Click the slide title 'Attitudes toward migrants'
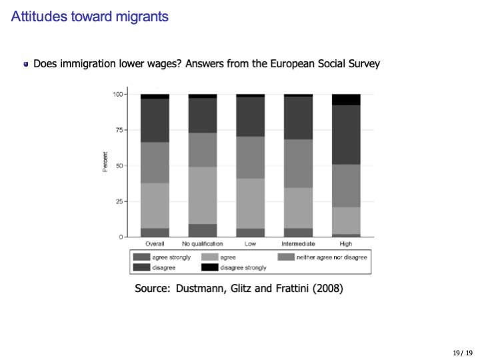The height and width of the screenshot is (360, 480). pos(89,17)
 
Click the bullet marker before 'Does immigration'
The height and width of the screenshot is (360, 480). pos(25,65)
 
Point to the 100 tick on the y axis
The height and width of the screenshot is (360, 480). pos(118,95)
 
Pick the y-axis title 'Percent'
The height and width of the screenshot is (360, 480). pos(105,163)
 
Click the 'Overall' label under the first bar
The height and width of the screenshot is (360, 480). pos(155,244)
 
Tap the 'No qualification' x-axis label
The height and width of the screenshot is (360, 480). pos(203,244)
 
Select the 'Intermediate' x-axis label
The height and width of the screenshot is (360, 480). pos(298,244)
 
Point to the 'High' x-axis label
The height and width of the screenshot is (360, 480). pos(346,244)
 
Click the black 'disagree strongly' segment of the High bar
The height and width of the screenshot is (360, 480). pos(346,99)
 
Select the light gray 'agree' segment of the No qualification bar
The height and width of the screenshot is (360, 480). pos(203,195)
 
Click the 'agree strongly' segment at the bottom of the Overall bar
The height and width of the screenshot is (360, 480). pos(155,232)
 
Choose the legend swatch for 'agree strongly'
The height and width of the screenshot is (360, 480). pos(141,257)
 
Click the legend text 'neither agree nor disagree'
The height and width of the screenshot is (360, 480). pos(331,257)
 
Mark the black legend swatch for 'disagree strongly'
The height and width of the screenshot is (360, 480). pos(210,267)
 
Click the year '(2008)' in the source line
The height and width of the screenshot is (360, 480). pos(326,289)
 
